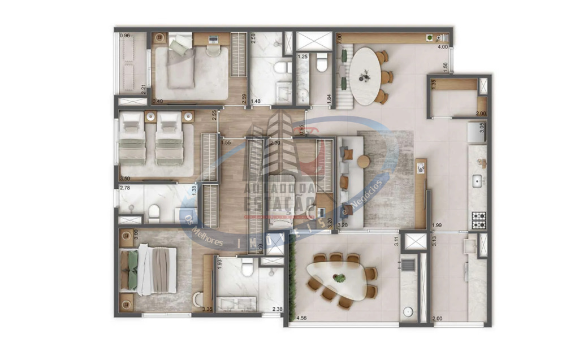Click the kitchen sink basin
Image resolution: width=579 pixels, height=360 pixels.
click(477, 181)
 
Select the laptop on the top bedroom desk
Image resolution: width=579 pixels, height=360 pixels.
click(213, 40)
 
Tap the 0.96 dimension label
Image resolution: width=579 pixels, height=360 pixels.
click(125, 36)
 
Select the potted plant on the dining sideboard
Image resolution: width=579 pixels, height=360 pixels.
click(430, 38)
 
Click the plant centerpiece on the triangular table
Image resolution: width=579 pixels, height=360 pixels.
click(339, 278)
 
